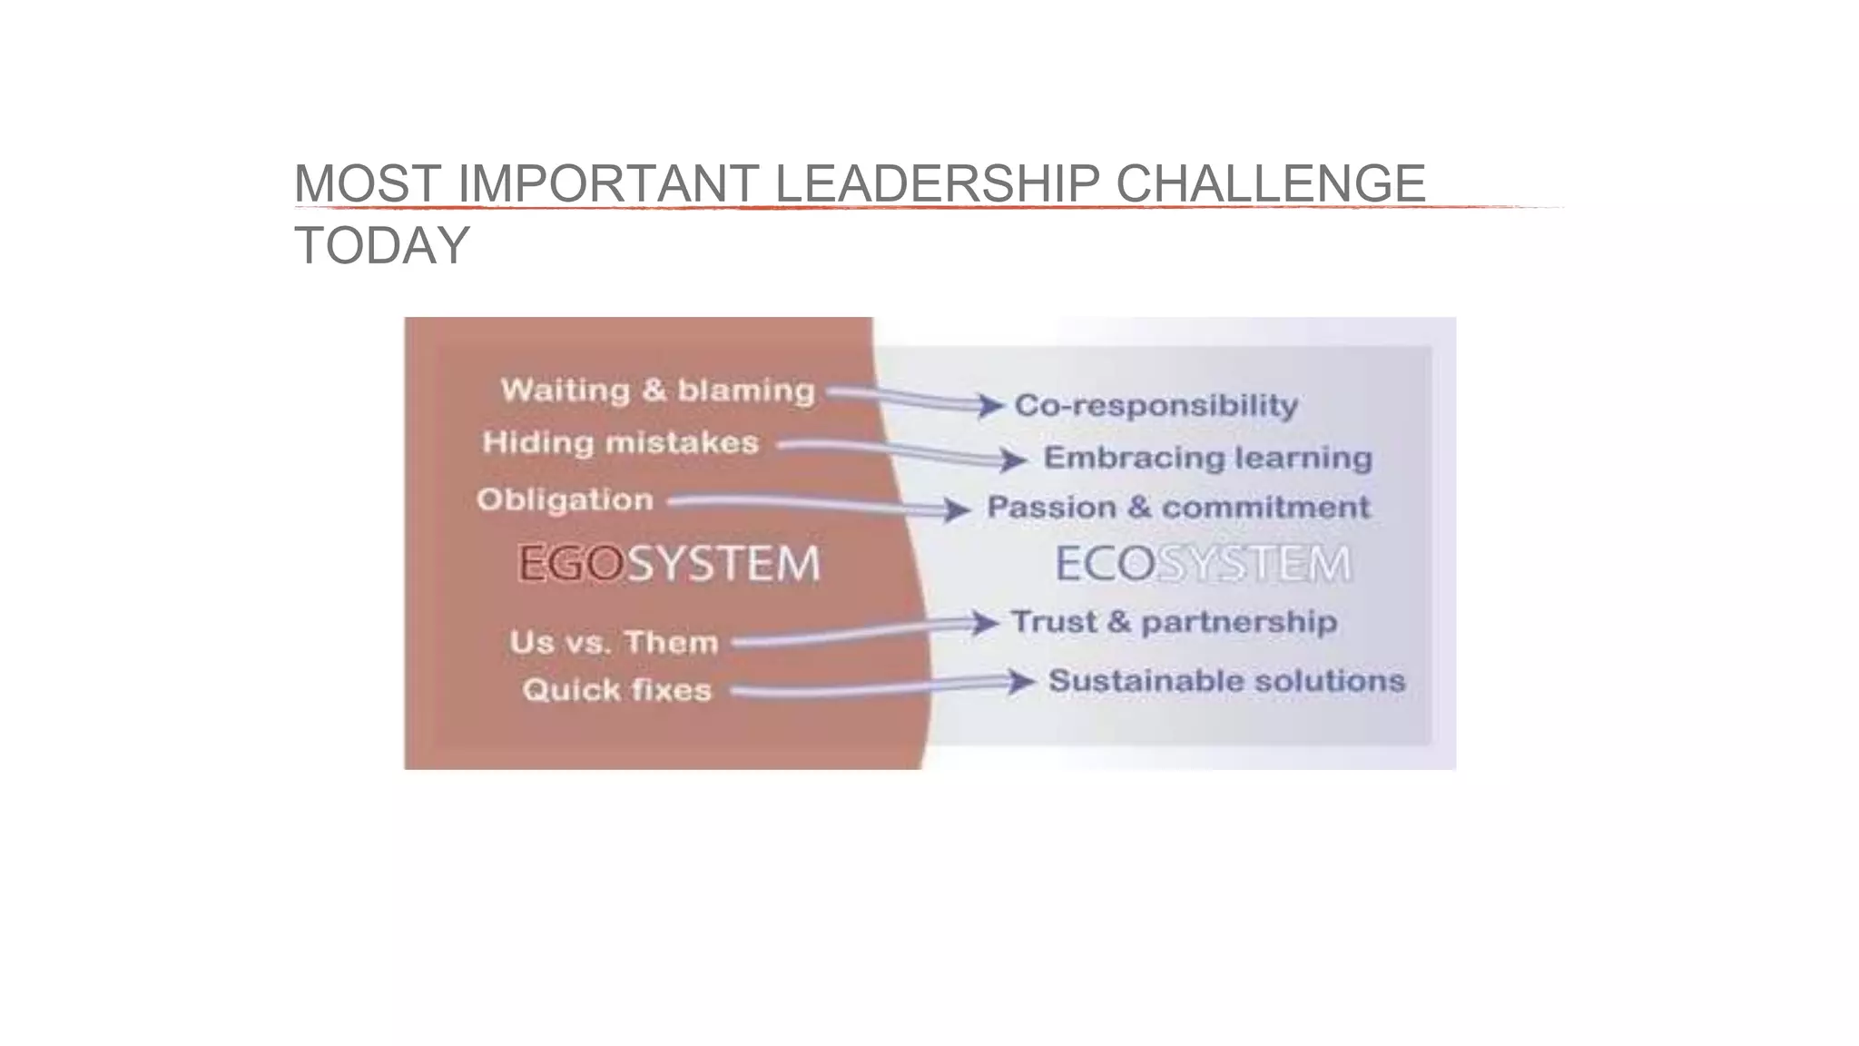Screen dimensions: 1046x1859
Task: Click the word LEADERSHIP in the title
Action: tap(937, 183)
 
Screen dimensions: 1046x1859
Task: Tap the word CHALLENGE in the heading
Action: tap(1270, 183)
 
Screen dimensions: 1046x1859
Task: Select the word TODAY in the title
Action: tap(382, 245)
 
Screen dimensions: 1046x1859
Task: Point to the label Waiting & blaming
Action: tap(658, 390)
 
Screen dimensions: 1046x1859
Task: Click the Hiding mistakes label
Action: tap(621, 443)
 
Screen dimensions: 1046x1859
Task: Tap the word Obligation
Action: tap(565, 500)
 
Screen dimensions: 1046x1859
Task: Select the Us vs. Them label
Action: tap(614, 643)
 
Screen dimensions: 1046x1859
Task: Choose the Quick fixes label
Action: tap(617, 690)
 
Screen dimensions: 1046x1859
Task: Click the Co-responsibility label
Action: tap(1156, 405)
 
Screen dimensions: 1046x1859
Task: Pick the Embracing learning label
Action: tap(1207, 458)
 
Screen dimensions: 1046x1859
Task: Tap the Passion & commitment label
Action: tap(1178, 508)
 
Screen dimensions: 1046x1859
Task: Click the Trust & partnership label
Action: tap(1174, 622)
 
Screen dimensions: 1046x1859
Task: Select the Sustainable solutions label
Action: tap(1226, 681)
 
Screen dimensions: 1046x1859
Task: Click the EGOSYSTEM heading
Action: tap(669, 564)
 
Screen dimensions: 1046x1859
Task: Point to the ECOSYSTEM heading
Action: tap(1203, 564)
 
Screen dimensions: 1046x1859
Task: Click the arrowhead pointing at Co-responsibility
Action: tap(991, 405)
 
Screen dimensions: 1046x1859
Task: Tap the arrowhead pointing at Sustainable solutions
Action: tap(1023, 681)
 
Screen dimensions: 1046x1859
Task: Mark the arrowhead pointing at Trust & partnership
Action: tap(986, 623)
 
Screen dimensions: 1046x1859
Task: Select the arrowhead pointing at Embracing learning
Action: tap(1015, 459)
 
